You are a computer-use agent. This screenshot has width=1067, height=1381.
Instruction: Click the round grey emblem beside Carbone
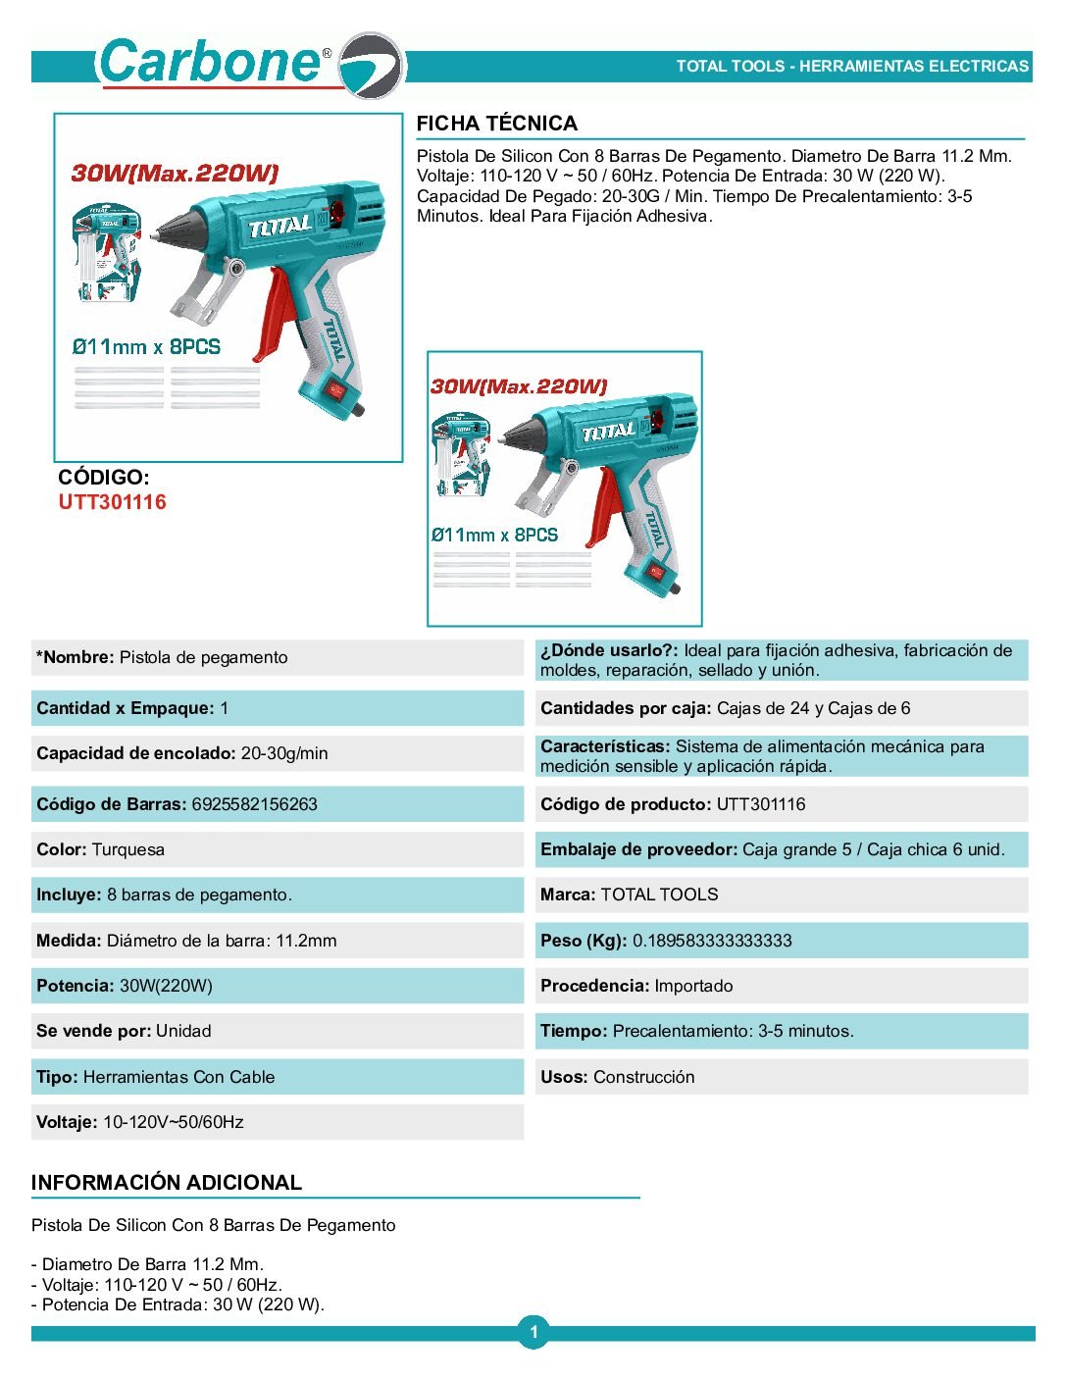click(x=372, y=65)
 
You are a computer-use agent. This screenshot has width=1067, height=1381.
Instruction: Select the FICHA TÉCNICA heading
click(x=496, y=124)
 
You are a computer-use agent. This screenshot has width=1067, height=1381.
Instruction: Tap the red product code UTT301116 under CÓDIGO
click(x=112, y=502)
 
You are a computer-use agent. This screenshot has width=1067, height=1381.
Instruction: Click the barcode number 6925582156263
click(x=254, y=804)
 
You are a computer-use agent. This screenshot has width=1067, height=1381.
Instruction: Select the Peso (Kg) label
click(x=583, y=941)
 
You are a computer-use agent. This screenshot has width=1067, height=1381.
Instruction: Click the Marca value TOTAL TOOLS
click(x=659, y=895)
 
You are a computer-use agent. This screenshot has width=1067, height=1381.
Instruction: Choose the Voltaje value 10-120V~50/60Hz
click(x=173, y=1122)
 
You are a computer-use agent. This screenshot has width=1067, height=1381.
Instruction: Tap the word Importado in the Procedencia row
click(x=693, y=986)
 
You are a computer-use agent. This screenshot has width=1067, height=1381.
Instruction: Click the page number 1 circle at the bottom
click(x=533, y=1332)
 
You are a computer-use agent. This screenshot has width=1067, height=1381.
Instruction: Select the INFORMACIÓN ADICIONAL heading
click(x=167, y=1183)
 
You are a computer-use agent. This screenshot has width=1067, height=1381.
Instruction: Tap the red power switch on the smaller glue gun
click(x=657, y=572)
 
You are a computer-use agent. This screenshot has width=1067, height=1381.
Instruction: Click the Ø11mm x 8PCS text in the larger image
click(x=146, y=347)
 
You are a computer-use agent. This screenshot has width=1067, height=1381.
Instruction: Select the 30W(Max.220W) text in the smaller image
click(x=519, y=386)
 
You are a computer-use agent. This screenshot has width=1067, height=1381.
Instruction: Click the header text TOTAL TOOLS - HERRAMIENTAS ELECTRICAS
click(x=851, y=67)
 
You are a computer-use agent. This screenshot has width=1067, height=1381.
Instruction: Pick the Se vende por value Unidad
click(x=183, y=1031)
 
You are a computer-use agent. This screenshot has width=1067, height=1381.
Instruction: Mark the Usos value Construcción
click(x=643, y=1077)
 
